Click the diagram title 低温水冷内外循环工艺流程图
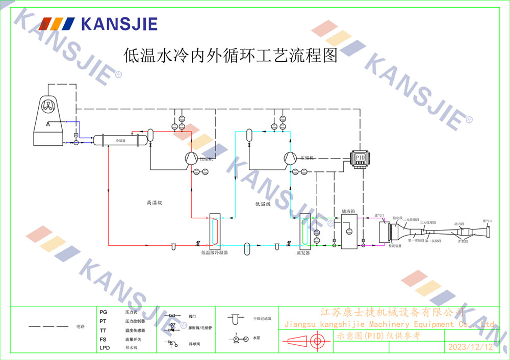coord(231,55)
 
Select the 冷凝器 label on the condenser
coord(120,139)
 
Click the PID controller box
coord(361,156)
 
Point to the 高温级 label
coord(154,203)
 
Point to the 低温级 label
coord(263,204)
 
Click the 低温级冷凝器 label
coord(214,252)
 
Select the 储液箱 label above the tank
coord(348,209)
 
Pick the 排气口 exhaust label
coord(488,221)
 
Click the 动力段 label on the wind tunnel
coord(460,223)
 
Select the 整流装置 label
coord(395,246)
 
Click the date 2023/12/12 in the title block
coord(470,347)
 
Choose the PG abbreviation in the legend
coord(104,311)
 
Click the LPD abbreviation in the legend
coord(105,348)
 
